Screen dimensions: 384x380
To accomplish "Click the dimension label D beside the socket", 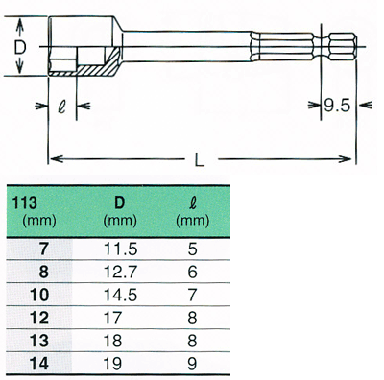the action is coord(20,48).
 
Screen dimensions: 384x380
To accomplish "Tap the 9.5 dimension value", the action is coord(337,106).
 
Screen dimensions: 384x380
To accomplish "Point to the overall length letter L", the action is coord(200,159).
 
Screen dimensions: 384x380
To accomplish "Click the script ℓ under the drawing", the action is coord(61,106).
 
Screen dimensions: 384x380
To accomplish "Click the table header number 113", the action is coord(24,202).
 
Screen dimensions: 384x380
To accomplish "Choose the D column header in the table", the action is coord(119,202).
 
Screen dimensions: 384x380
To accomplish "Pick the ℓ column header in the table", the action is coord(192,202).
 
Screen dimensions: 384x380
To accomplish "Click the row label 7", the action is coord(44,249).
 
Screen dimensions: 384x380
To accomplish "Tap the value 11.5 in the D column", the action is coord(121,249).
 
